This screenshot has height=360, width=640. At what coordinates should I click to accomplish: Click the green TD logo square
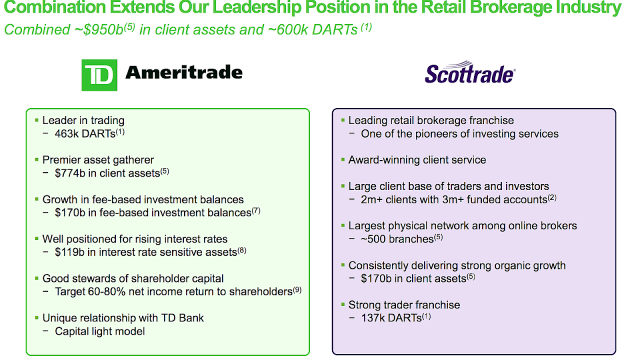pos(99,75)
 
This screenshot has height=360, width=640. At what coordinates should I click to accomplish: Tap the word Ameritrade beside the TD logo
pos(184,72)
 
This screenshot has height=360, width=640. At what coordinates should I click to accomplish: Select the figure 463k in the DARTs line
pos(67,133)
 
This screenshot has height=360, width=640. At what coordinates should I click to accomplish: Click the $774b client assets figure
pos(70,173)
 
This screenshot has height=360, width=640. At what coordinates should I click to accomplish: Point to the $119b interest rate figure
pos(69,252)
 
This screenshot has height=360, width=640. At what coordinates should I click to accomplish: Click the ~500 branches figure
pos(373,239)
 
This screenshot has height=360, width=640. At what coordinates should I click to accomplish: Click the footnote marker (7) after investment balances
pos(256,211)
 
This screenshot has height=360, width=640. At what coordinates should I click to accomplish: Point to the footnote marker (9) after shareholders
pos(297,290)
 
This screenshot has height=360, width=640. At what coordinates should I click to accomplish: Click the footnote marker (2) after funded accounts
pos(552,197)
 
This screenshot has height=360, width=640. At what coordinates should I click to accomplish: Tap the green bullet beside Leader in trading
pos(36,120)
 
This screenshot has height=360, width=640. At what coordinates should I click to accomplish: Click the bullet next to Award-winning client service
pos(343,159)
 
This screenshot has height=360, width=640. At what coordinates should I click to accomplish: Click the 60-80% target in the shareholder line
pos(107,291)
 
